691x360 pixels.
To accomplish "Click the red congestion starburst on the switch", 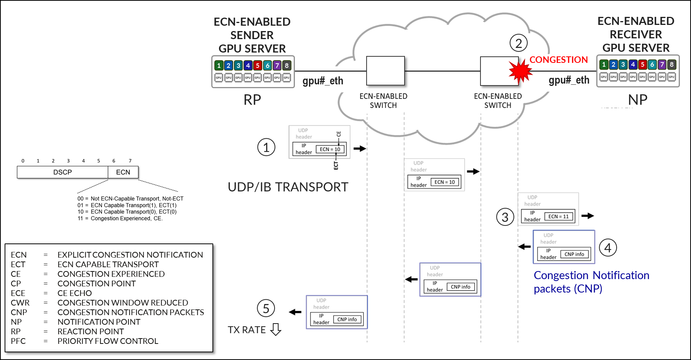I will click(x=520, y=71).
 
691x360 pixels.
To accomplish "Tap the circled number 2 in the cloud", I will click(x=518, y=43).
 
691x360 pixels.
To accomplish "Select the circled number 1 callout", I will click(x=266, y=148).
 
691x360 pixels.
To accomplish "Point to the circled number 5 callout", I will click(x=266, y=309).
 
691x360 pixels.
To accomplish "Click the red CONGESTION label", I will click(x=558, y=60).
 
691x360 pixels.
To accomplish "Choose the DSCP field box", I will click(x=63, y=172).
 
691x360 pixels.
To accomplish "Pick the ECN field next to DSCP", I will click(x=123, y=172).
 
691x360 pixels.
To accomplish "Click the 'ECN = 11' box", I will click(x=558, y=217).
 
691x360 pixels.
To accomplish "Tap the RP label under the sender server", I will click(x=252, y=100).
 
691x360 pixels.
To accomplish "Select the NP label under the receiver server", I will click(x=638, y=100).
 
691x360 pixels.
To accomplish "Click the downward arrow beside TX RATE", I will click(x=276, y=329).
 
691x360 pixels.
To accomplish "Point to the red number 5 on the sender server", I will click(x=258, y=66).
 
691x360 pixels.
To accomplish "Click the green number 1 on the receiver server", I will click(x=604, y=64).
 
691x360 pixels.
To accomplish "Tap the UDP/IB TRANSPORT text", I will click(x=288, y=187).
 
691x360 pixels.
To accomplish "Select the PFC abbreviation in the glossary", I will click(x=18, y=341).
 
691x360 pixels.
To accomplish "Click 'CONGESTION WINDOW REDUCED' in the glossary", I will click(x=123, y=303).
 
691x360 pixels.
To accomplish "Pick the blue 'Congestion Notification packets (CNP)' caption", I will click(x=591, y=282).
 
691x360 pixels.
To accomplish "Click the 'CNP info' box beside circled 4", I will click(x=574, y=254).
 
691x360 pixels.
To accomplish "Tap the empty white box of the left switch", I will click(x=385, y=71).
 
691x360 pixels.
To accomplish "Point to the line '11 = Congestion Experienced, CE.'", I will click(x=120, y=219).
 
